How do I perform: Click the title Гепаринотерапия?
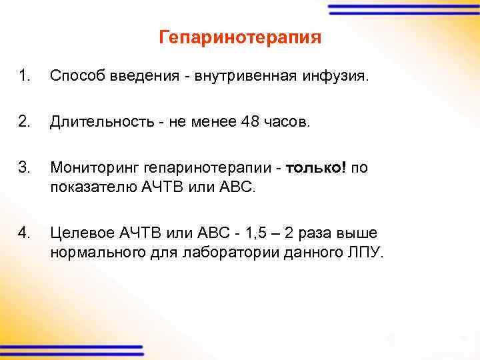tap(240, 37)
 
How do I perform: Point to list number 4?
tap(24, 233)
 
